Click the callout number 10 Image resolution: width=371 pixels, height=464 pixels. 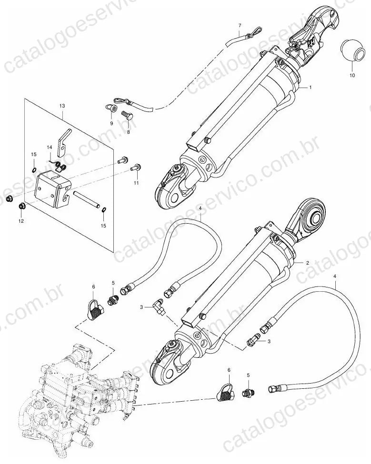click(x=352, y=76)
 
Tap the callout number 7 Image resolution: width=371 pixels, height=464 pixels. click(x=240, y=25)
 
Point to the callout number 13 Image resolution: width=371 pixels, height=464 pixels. click(x=62, y=106)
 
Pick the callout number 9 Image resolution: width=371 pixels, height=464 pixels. click(x=111, y=123)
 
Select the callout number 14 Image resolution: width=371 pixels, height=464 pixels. click(x=49, y=147)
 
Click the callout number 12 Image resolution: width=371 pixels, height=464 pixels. click(x=21, y=221)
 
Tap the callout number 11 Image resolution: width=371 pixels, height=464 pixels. click(x=136, y=183)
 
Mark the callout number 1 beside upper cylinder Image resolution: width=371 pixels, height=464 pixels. click(x=311, y=88)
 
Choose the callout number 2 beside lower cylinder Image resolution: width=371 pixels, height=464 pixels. click(x=308, y=263)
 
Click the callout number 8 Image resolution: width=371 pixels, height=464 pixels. click(x=129, y=132)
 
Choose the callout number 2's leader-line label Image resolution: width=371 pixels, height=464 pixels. click(x=308, y=263)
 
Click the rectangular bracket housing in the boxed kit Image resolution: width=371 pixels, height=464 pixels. click(x=53, y=188)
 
